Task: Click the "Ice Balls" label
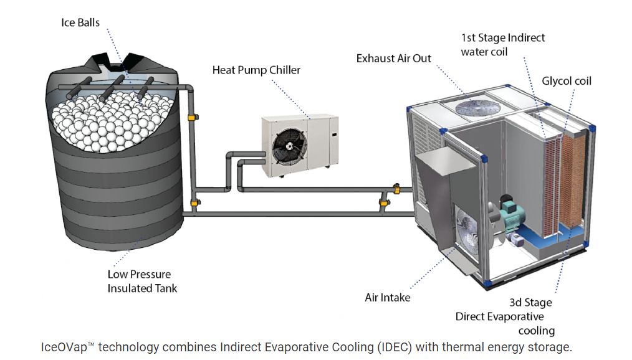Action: (x=80, y=22)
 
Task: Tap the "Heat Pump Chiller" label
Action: (x=256, y=70)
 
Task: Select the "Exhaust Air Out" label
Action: (x=394, y=59)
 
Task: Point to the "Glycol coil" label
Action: (x=567, y=81)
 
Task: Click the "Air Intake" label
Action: (x=388, y=298)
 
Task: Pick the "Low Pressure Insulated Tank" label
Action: (x=142, y=281)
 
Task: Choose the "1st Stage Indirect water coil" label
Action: (x=502, y=45)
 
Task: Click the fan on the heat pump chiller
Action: (x=289, y=146)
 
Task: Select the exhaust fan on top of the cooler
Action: (x=477, y=108)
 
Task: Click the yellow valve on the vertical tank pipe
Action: (x=193, y=117)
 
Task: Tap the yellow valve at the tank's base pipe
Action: (x=195, y=202)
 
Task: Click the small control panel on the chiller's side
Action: (x=334, y=135)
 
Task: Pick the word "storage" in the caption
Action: (x=550, y=347)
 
